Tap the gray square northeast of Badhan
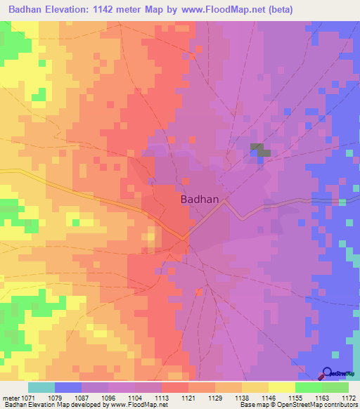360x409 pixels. click(x=259, y=150)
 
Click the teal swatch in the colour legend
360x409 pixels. click(x=41, y=387)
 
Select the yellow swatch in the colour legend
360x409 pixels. click(x=281, y=387)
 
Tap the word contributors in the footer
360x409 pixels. click(x=339, y=404)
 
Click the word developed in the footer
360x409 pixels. click(x=83, y=404)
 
